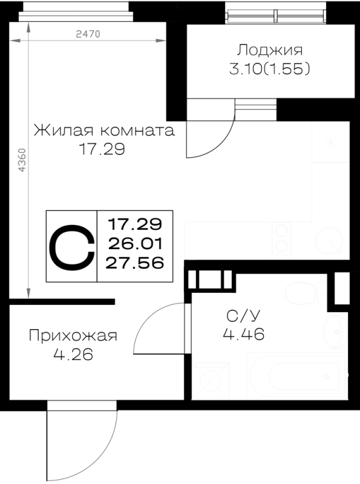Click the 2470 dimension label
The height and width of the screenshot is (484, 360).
click(x=88, y=34)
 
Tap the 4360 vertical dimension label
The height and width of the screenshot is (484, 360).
click(x=22, y=160)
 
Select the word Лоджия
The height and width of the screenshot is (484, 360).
click(x=269, y=50)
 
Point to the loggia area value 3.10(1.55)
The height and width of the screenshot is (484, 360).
click(x=269, y=69)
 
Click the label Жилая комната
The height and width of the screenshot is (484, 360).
click(x=104, y=130)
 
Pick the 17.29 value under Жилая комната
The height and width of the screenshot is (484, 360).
click(x=102, y=149)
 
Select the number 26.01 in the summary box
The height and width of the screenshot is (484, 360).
click(x=135, y=244)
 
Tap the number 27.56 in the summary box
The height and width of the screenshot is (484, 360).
click(x=135, y=263)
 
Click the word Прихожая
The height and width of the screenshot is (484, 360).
click(x=73, y=336)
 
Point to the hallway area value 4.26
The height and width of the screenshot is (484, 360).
click(x=73, y=355)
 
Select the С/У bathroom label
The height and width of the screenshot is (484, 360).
click(x=244, y=315)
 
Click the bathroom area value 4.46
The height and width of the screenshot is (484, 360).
click(x=244, y=334)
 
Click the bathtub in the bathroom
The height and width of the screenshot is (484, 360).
click(x=296, y=376)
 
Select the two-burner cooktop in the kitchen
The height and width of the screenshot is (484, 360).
click(x=281, y=240)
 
